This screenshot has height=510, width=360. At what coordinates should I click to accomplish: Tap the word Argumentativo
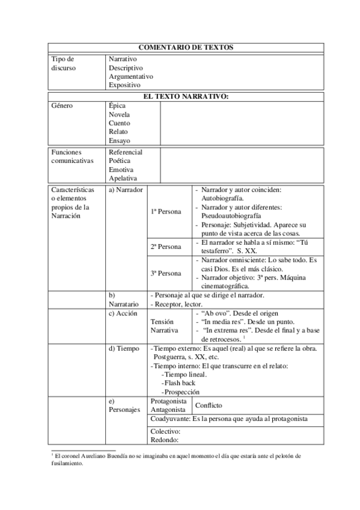tap(130, 76)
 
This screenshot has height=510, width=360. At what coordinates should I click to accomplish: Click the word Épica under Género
tap(117, 106)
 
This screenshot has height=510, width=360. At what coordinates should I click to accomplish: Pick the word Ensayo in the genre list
tap(119, 140)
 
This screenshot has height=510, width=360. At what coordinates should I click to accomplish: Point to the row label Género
tap(62, 106)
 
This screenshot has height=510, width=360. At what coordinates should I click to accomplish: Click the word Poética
tap(119, 161)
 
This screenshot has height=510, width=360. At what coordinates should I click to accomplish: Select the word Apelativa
tap(123, 179)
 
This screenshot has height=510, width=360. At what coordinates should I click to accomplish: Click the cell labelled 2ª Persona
tap(165, 247)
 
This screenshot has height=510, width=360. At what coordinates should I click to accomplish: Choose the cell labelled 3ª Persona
tap(165, 273)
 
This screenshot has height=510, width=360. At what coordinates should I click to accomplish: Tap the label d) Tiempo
tap(124, 349)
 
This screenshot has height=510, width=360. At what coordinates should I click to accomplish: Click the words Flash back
tap(180, 383)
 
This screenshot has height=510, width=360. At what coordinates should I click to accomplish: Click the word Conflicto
tap(209, 405)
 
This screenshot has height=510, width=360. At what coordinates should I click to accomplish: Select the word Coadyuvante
tap(170, 419)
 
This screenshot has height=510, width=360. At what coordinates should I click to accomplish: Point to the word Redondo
tap(165, 440)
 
